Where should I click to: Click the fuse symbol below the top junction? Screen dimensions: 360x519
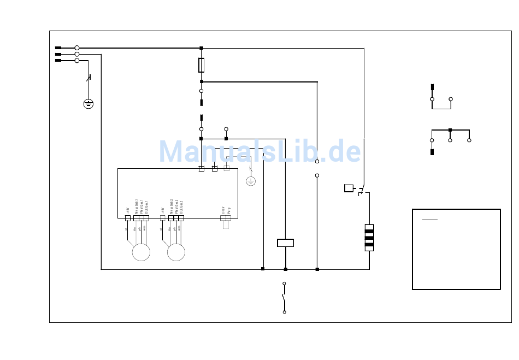coord(202,65)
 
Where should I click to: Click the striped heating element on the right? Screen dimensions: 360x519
coord(369,238)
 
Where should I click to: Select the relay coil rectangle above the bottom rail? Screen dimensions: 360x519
coord(285,243)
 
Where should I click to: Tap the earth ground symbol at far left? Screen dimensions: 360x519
coord(89,103)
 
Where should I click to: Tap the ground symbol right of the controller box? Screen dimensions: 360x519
coord(251,181)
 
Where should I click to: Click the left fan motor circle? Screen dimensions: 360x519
coord(141,252)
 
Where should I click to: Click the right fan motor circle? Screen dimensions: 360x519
coord(176,252)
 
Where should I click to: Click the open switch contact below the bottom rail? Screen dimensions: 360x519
coord(284,298)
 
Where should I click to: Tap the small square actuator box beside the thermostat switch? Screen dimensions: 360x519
coord(349,188)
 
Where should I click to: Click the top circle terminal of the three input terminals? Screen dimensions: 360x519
coord(77,48)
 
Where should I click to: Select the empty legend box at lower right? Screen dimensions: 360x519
coord(456,249)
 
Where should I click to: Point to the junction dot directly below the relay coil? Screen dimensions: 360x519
coord(285,269)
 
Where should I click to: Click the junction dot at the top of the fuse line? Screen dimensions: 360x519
coord(202,48)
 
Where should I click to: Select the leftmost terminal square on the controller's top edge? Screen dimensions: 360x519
coord(201,169)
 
